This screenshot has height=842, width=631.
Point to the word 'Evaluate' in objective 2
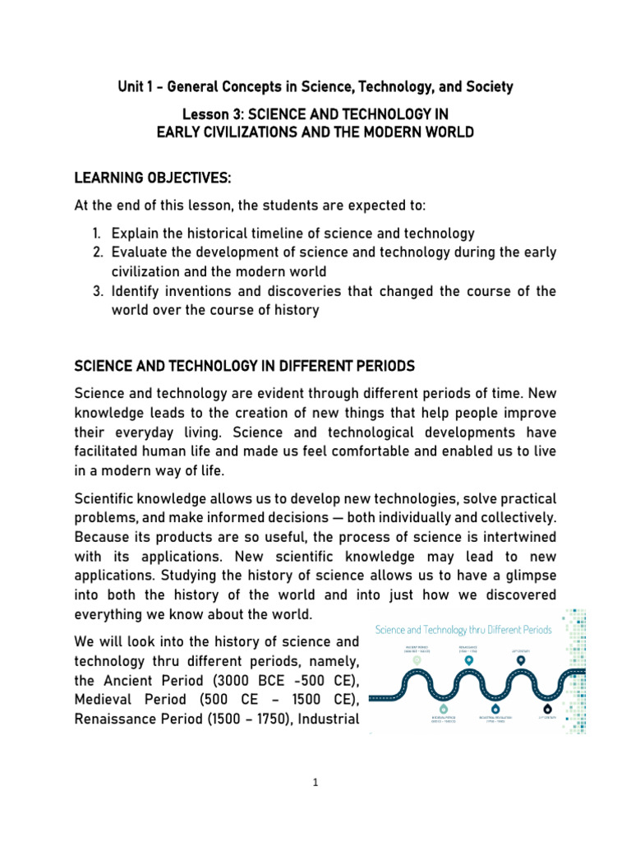pyautogui.click(x=141, y=252)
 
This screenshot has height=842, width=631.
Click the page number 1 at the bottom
pyautogui.click(x=315, y=782)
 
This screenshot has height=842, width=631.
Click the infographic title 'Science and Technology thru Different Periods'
pyautogui.click(x=463, y=629)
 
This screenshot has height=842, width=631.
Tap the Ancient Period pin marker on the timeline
pyautogui.click(x=417, y=659)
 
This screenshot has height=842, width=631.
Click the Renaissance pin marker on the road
pyautogui.click(x=469, y=659)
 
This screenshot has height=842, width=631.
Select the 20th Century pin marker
pyautogui.click(x=521, y=659)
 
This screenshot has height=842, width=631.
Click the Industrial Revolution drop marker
pyautogui.click(x=495, y=708)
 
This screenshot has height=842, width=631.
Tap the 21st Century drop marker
pyautogui.click(x=547, y=708)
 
